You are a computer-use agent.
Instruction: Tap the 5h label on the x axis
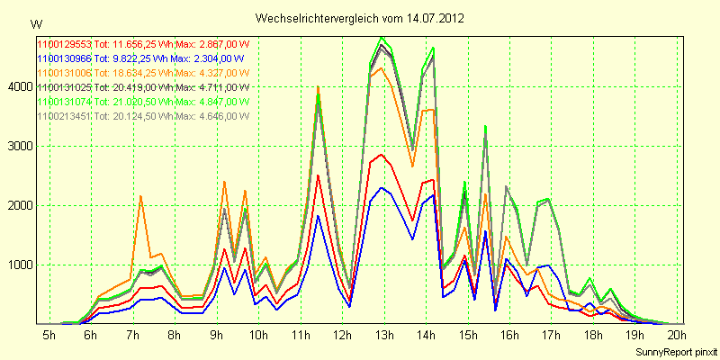49,335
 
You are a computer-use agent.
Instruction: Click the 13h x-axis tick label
384,335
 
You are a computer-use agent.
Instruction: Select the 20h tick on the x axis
678,335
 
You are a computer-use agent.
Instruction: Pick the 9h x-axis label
216,335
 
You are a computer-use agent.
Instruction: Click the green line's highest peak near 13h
383,38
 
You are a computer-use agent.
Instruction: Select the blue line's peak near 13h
382,188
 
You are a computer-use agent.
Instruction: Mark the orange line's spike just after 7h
140,196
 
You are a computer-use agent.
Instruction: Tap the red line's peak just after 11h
319,175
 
